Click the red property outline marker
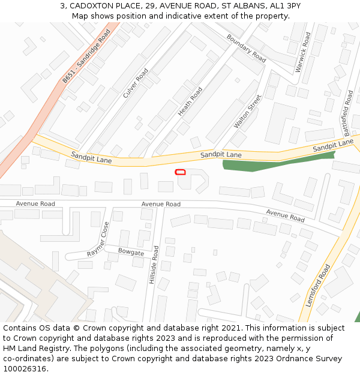click(x=180, y=172)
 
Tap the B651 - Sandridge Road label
click(x=86, y=56)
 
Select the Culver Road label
click(x=135, y=83)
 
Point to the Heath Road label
click(x=190, y=101)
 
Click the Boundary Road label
click(x=246, y=48)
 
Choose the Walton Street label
click(x=248, y=111)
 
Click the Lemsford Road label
click(x=317, y=286)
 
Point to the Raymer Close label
click(x=98, y=239)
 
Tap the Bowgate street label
click(x=131, y=252)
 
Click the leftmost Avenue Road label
click(x=35, y=204)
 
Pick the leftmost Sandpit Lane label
click(x=91, y=158)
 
